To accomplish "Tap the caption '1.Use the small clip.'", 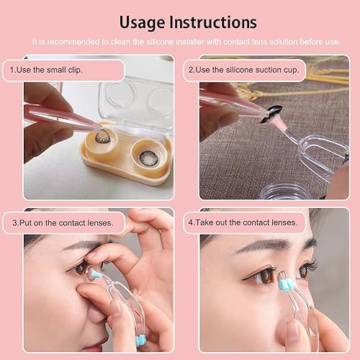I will pyautogui.click(x=47, y=71).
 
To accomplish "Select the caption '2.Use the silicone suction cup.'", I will pyautogui.click(x=243, y=71).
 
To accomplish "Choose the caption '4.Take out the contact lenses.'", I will pyautogui.click(x=242, y=222).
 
